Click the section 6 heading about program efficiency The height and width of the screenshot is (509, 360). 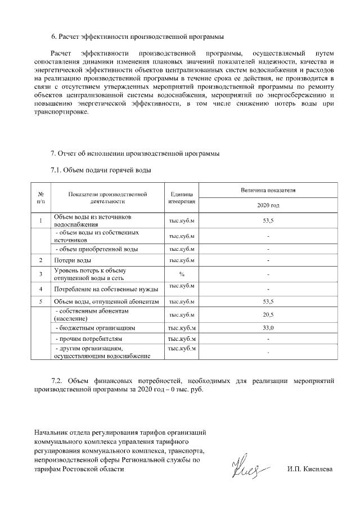click(137, 37)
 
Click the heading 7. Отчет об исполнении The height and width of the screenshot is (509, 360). click(132, 153)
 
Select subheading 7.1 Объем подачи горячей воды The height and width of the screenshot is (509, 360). click(100, 169)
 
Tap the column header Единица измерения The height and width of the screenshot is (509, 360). click(182, 197)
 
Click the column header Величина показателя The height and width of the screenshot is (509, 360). click(268, 191)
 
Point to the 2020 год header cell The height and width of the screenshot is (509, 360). click(268, 205)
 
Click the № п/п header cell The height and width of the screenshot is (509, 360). click(41, 197)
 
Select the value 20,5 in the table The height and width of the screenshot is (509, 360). click(268, 314)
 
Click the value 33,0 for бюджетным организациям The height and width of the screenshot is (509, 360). click(268, 327)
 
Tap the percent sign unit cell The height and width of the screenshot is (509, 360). click(182, 274)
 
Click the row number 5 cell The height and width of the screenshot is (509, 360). click(41, 302)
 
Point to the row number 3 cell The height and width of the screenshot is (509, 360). click(41, 274)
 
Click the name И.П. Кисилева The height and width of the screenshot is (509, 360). click(309, 469)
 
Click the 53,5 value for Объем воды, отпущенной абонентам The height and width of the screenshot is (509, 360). click(268, 302)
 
